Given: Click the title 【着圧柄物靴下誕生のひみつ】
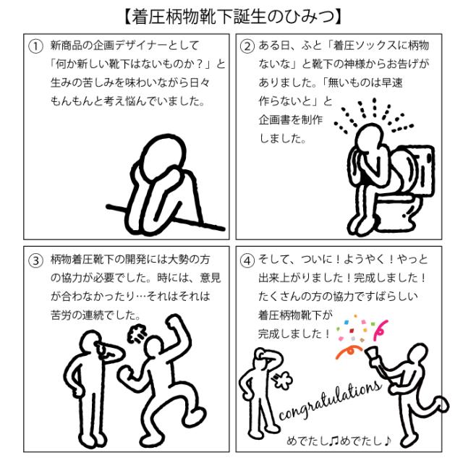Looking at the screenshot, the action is click(x=233, y=17).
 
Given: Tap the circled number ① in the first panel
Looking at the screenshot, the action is click(x=35, y=46).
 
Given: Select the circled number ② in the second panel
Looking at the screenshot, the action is click(x=247, y=46).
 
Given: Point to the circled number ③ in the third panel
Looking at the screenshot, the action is click(x=35, y=260).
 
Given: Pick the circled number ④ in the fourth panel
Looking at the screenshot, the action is click(x=247, y=260).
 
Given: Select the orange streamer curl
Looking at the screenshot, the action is click(x=349, y=351).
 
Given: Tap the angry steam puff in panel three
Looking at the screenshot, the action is click(x=137, y=334).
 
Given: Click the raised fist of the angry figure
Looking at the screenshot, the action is click(x=175, y=322).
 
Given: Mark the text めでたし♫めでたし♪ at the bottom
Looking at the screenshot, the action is click(x=339, y=441).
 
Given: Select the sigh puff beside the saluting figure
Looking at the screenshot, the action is click(x=283, y=380).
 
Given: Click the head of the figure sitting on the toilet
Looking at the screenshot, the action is click(x=370, y=137).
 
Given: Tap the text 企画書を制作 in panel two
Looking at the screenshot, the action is click(x=291, y=120).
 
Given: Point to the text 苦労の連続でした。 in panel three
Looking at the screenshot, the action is click(x=96, y=315).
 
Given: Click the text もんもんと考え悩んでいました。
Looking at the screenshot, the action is click(x=127, y=101).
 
